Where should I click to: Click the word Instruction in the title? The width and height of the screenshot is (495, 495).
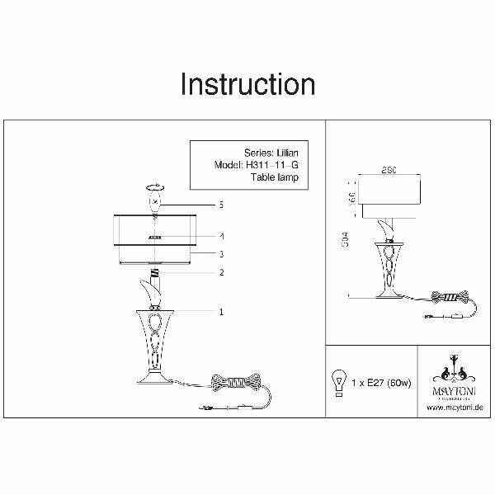(247, 84)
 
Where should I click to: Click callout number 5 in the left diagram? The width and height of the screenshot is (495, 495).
(222, 204)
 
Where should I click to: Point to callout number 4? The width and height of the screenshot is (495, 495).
(222, 236)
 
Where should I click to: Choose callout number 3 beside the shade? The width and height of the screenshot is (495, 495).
(222, 254)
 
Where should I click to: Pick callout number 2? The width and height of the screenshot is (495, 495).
(222, 272)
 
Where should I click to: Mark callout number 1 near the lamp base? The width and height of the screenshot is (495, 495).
(222, 312)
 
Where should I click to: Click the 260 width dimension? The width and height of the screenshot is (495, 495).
(391, 171)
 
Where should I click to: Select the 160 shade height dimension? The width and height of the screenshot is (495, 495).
(351, 200)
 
